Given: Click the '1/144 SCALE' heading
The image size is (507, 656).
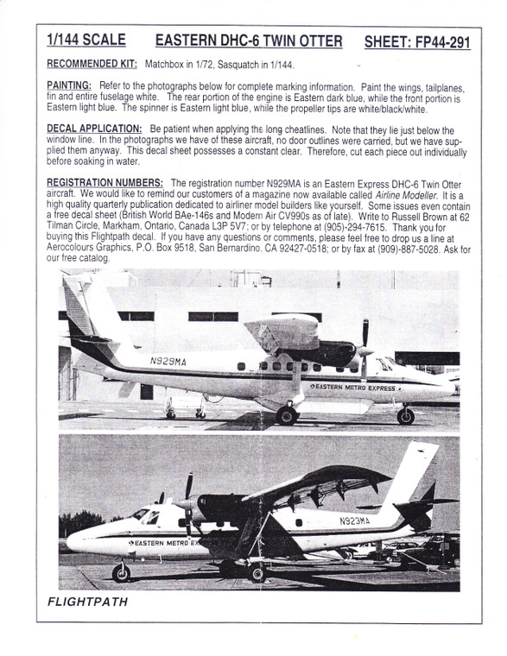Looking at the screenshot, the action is pos(87,41).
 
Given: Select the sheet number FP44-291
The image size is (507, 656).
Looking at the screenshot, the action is pos(417,42).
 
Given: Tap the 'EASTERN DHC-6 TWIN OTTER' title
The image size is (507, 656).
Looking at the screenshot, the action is pos(248,41).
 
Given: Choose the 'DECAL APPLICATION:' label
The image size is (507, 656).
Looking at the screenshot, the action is pos(94,128).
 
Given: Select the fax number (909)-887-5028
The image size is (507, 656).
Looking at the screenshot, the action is pos(381,249).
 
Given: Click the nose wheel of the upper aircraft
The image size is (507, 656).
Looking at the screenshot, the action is pos(405,417).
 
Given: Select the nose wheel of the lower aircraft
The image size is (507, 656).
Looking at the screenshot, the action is pos(121,573).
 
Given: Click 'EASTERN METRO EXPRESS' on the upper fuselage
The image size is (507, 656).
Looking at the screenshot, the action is pos(352,388).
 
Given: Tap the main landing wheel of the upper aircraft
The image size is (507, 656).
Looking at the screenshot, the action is pos(287,416).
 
